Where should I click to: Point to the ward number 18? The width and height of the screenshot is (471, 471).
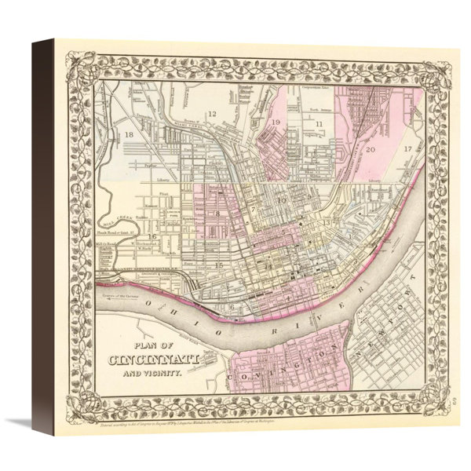tap(130, 136)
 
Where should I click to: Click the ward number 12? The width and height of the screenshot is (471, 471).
tap(211, 115)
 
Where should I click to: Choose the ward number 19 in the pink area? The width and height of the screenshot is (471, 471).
tap(276, 123)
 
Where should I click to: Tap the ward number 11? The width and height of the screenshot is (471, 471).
tap(319, 124)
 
